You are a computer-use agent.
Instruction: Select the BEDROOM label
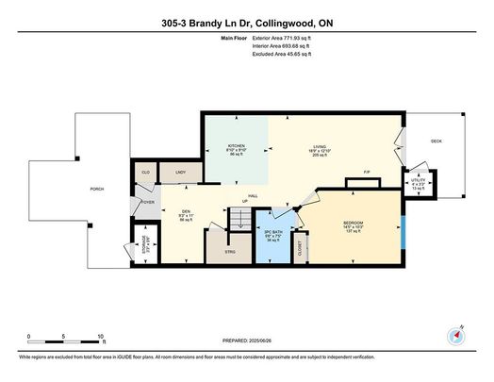pos(354,223)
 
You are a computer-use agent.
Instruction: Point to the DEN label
pos(172,212)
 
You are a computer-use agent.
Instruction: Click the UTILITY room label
pos(418,179)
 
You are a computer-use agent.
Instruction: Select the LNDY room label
pos(179,174)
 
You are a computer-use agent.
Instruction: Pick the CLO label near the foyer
pos(147,174)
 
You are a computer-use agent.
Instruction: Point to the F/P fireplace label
pos(365,172)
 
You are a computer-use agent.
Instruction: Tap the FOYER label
pos(148,202)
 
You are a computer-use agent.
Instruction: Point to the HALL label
pos(254,195)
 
